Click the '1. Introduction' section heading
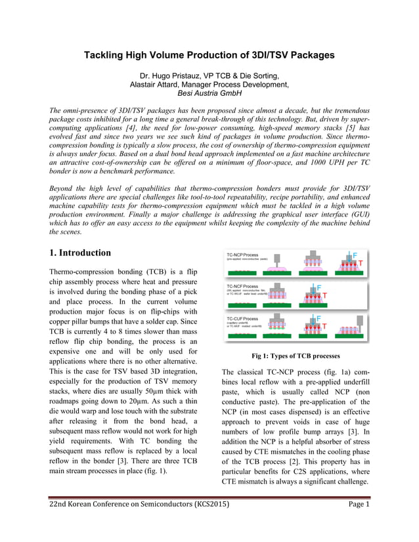click(x=86, y=252)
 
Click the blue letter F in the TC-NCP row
click(x=355, y=255)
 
